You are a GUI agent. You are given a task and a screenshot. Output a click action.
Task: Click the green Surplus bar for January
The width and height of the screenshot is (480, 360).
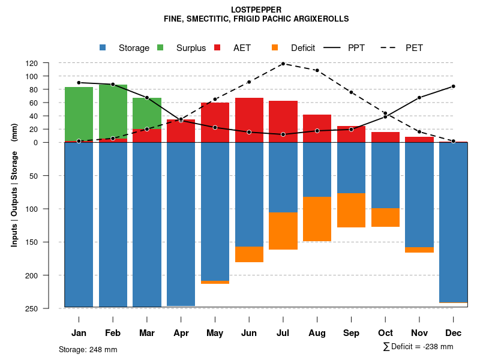pyautogui.click(x=79, y=114)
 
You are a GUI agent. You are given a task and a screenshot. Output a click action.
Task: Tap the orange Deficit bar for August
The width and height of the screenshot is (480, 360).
pyautogui.click(x=317, y=219)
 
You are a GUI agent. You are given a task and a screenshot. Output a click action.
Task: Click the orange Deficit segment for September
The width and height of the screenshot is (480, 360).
pyautogui.click(x=351, y=210)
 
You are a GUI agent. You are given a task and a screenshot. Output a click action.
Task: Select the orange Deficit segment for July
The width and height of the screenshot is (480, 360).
pyautogui.click(x=283, y=231)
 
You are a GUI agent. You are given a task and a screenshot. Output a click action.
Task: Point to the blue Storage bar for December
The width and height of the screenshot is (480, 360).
pyautogui.click(x=453, y=222)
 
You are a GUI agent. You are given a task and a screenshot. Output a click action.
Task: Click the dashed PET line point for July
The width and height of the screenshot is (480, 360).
pyautogui.click(x=283, y=64)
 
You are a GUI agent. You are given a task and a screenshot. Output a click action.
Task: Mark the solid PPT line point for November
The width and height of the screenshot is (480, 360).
pyautogui.click(x=419, y=97)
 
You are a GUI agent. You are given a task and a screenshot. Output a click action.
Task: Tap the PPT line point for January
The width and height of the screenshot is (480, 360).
pyautogui.click(x=79, y=83)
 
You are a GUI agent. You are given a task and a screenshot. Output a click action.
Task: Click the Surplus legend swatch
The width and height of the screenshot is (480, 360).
pyautogui.click(x=161, y=48)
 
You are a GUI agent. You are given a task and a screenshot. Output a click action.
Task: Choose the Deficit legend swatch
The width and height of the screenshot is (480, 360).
pyautogui.click(x=275, y=48)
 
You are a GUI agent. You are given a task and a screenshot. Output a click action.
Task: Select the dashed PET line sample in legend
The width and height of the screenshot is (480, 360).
pyautogui.click(x=388, y=48)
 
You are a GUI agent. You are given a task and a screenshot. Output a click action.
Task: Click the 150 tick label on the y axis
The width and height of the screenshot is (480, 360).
pyautogui.click(x=49, y=242)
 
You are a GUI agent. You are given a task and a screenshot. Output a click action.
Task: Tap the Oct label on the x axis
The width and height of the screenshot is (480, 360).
pyautogui.click(x=385, y=333)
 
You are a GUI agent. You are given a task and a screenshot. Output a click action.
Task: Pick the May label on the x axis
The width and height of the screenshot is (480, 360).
pyautogui.click(x=215, y=333)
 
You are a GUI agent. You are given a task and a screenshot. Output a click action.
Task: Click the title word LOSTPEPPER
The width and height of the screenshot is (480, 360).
pyautogui.click(x=256, y=10)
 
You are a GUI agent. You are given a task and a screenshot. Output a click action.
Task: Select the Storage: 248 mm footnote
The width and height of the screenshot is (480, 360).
pyautogui.click(x=88, y=349)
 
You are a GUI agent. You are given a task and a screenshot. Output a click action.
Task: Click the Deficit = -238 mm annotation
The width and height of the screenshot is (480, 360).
pyautogui.click(x=418, y=347)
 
